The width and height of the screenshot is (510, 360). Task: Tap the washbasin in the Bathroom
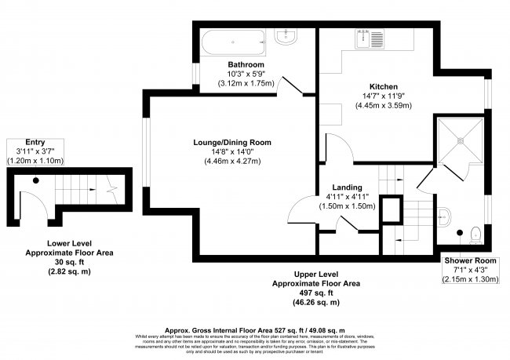(284, 38)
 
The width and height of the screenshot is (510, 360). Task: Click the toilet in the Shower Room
(475, 233)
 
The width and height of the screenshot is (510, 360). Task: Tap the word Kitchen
(384, 86)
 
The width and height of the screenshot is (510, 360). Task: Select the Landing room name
(346, 188)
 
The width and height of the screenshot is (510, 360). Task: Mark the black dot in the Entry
(35, 180)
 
